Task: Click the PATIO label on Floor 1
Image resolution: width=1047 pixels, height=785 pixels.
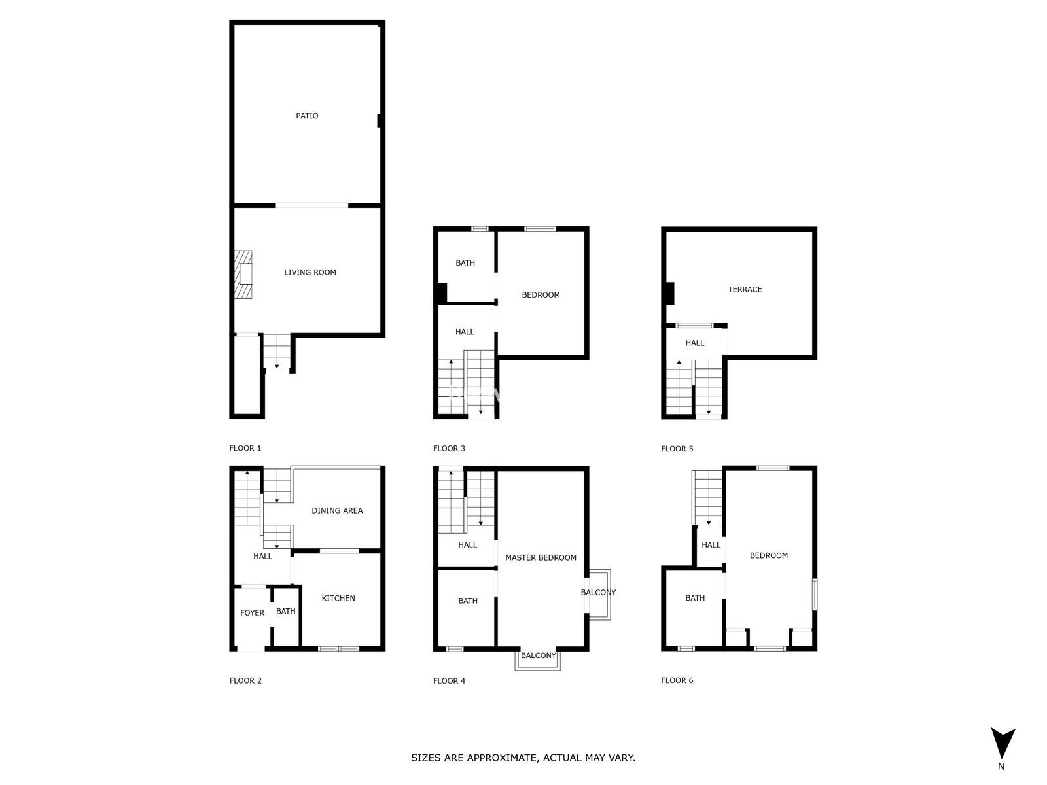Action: (x=307, y=116)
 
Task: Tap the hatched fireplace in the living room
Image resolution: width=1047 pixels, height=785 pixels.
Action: (x=243, y=275)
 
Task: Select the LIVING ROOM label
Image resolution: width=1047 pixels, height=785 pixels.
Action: (x=310, y=273)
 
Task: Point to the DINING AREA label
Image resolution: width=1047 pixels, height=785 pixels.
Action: (x=337, y=510)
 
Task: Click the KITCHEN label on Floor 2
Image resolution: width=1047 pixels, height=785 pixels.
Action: (x=338, y=598)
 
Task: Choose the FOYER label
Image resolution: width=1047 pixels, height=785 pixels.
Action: (x=252, y=613)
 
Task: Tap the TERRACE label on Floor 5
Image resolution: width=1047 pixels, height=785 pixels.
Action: (x=745, y=289)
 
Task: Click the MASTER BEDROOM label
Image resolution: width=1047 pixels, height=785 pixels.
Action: (x=541, y=557)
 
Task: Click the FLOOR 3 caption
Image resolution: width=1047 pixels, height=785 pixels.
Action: (x=449, y=449)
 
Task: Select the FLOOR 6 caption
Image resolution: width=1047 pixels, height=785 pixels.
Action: (x=677, y=680)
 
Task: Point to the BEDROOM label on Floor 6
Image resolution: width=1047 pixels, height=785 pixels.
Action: (x=768, y=555)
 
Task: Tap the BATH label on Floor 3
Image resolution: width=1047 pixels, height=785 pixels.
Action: (x=465, y=263)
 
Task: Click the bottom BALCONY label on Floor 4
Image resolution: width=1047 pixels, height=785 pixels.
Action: (x=538, y=655)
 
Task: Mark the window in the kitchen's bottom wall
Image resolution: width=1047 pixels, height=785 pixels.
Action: (x=338, y=648)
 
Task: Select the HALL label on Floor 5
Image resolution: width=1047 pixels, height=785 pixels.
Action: (x=694, y=343)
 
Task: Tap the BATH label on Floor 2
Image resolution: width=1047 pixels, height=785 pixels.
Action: (x=286, y=612)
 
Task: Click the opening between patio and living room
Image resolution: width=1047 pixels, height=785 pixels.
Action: (x=312, y=205)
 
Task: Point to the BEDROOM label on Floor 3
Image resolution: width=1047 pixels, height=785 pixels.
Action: (x=541, y=295)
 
